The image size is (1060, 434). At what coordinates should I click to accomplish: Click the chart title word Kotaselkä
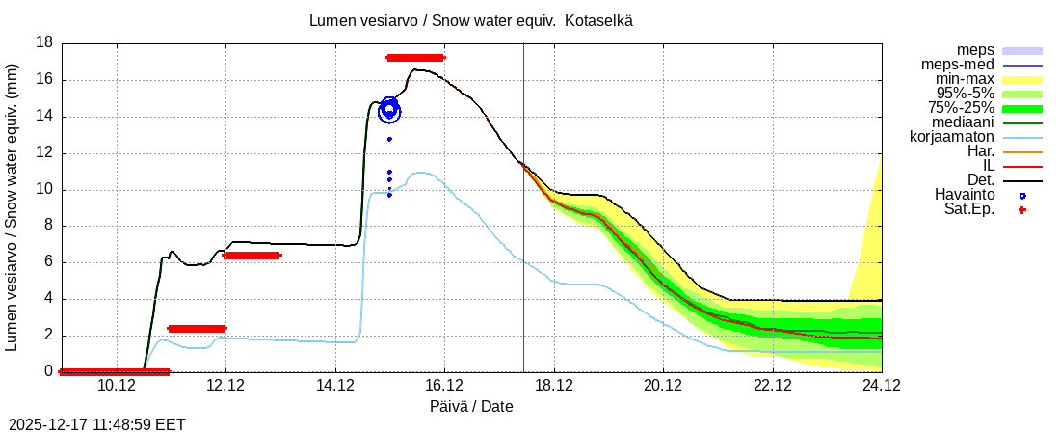(x=599, y=20)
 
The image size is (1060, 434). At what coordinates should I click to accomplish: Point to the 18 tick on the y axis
(x=44, y=43)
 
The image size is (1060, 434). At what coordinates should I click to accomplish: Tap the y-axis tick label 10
(x=44, y=189)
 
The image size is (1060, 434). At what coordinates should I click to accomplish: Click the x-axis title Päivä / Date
(x=471, y=407)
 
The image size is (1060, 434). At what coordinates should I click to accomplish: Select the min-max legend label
(x=965, y=79)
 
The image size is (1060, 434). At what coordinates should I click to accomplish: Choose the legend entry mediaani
(x=962, y=122)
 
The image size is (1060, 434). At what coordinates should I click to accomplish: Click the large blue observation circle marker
(x=389, y=111)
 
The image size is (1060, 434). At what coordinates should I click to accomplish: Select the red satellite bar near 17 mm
(x=415, y=58)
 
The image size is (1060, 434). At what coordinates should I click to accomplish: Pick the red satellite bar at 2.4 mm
(x=197, y=329)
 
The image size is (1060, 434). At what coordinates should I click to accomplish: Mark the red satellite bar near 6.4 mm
(x=252, y=256)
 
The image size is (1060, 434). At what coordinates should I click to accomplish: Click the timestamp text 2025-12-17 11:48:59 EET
(x=96, y=424)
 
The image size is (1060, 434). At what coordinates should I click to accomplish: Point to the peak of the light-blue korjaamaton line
(x=421, y=173)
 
